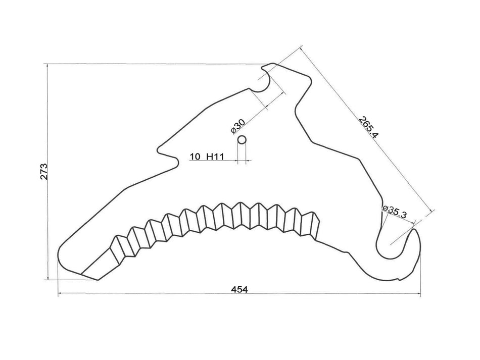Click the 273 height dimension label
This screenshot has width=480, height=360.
tap(44, 172)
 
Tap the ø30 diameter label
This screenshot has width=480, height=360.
tap(238, 125)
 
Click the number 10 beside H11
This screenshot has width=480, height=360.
tap(195, 157)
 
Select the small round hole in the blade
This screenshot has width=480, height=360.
tap(242, 139)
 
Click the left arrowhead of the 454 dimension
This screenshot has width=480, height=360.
tap(59, 293)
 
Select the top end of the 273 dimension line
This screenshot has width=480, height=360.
tap(47, 64)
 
